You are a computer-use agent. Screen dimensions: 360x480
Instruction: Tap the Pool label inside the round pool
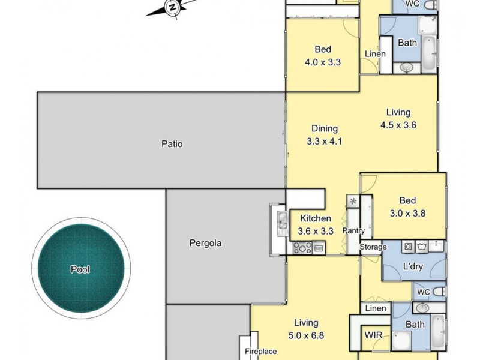(80, 269)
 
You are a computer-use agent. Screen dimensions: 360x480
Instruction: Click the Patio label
(172, 144)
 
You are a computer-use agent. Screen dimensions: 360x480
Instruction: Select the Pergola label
(205, 243)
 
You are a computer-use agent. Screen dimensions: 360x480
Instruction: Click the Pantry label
(353, 230)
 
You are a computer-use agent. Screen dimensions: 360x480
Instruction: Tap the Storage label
(373, 247)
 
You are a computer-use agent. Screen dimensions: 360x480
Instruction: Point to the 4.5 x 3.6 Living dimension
(398, 125)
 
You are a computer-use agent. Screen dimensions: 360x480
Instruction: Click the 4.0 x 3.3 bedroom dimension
(323, 61)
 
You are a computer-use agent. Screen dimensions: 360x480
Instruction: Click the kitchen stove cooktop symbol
(302, 247)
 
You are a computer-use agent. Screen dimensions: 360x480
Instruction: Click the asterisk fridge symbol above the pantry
(352, 201)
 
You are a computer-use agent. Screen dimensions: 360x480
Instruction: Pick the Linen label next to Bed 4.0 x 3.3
(375, 54)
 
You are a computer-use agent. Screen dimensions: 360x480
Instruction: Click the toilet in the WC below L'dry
(438, 292)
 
